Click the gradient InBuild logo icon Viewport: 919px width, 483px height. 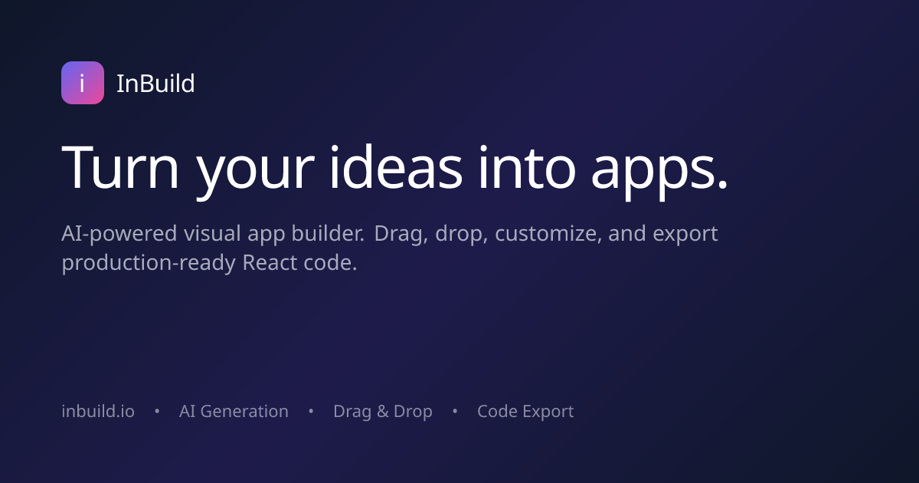pos(83,83)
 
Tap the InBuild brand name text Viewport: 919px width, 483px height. pos(155,84)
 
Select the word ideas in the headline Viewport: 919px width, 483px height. pos(397,167)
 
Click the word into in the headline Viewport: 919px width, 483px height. pos(527,167)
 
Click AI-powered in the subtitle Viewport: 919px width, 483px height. pos(119,234)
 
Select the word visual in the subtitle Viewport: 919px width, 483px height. pos(212,233)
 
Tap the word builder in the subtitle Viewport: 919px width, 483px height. pos(328,233)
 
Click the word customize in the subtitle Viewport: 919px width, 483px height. pos(548,234)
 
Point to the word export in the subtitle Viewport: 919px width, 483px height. pos(685,235)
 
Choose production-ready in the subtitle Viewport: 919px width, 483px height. pos(149,264)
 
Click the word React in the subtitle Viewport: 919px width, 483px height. pos(270,262)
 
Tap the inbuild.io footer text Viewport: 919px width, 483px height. pos(98,411)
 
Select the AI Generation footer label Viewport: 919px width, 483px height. pos(234,411)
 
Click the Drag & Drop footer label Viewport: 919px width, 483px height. pos(383,412)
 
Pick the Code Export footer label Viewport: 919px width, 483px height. pos(525,412)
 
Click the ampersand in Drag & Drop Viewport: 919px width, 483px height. pos(382,412)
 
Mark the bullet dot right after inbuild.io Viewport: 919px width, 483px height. pos(157,411)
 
